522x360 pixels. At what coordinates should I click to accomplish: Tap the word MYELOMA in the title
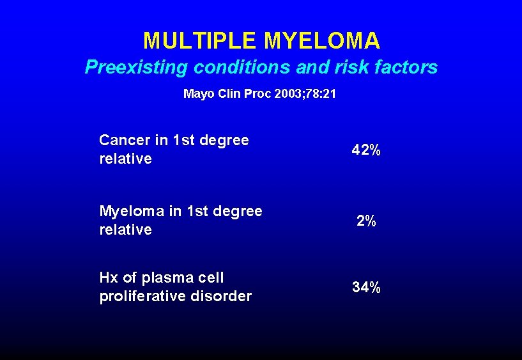point(322,42)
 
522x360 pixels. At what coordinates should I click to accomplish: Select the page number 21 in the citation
point(330,94)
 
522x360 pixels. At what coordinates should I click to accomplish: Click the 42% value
point(367,150)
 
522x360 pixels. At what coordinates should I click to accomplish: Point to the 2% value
point(367,221)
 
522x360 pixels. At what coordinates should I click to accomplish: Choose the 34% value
point(367,288)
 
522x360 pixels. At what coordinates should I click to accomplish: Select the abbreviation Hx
point(108,278)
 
